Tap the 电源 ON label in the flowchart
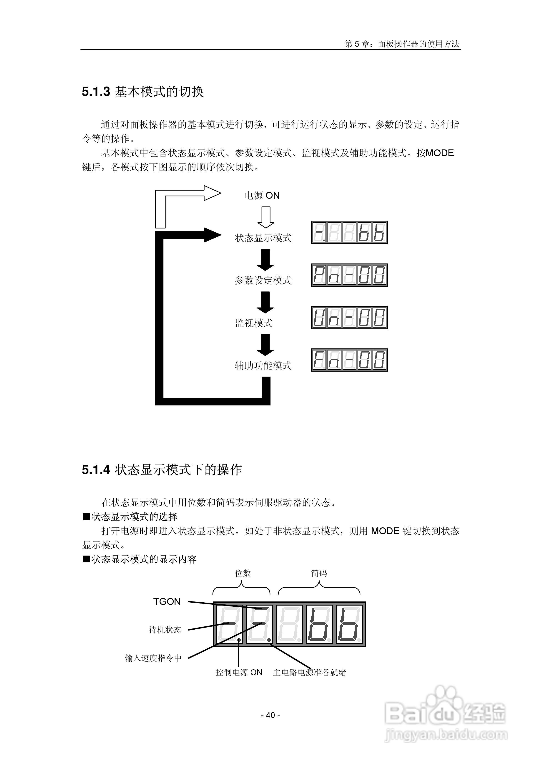pos(262,196)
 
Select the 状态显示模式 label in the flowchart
pos(263,238)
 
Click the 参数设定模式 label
pos(263,281)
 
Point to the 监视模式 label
pos(253,323)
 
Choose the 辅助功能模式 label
pos(263,365)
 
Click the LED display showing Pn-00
pos(349,275)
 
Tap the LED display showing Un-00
pos(349,318)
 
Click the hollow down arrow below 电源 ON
pos(265,217)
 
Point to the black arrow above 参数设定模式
pos(265,260)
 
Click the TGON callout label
pos(167,601)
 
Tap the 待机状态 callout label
pos(165,630)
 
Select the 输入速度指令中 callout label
pos(153,658)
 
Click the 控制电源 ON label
pos(239,672)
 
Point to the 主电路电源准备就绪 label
pos(310,672)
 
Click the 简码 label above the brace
pos(319,573)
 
